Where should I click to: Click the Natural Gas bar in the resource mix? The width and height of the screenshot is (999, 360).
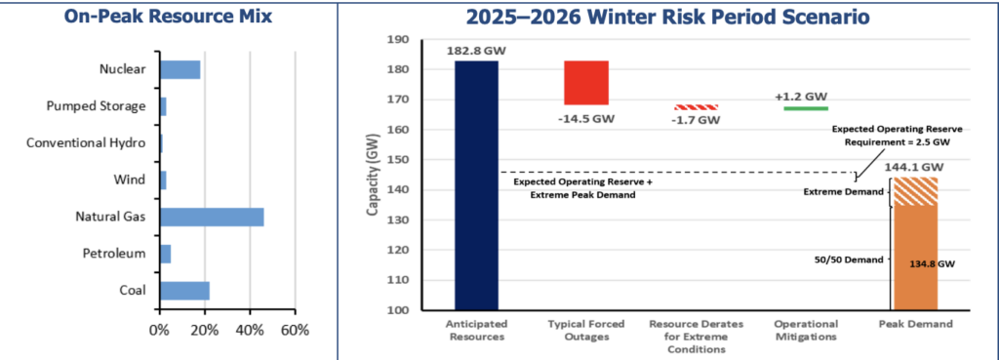point(212,217)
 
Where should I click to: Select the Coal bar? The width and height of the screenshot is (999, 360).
point(184,291)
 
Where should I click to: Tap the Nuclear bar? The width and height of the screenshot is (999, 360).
point(180,69)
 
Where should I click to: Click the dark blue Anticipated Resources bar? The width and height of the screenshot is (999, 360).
point(476,185)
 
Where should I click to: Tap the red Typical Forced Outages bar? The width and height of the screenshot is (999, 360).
point(586,83)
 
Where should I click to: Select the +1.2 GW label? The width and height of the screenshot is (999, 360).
point(801,96)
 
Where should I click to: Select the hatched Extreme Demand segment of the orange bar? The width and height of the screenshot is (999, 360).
point(916,192)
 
